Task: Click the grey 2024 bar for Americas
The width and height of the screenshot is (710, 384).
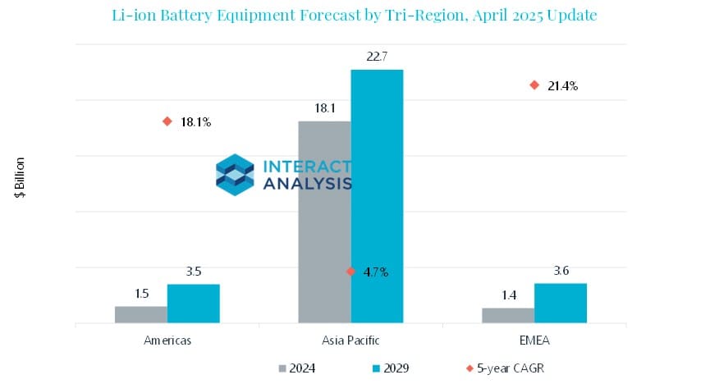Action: pyautogui.click(x=140, y=314)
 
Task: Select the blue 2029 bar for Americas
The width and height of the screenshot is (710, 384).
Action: pyautogui.click(x=193, y=304)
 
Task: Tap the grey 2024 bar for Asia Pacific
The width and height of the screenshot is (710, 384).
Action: pyautogui.click(x=324, y=222)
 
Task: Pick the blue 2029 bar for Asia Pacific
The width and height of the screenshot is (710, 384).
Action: pyautogui.click(x=377, y=197)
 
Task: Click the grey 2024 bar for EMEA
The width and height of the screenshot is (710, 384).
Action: pyautogui.click(x=507, y=315)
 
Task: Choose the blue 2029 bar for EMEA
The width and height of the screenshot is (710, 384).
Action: pyautogui.click(x=560, y=303)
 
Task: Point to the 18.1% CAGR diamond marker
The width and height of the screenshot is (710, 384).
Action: pyautogui.click(x=167, y=121)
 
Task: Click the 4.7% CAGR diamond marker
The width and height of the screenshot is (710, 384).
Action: pyautogui.click(x=350, y=272)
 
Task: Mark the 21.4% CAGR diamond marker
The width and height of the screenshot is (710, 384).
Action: pyautogui.click(x=534, y=85)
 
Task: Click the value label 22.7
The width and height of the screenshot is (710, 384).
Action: pyautogui.click(x=377, y=56)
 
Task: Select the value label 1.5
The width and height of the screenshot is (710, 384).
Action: pyautogui.click(x=140, y=293)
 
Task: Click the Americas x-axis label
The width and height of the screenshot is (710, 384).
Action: pyautogui.click(x=167, y=340)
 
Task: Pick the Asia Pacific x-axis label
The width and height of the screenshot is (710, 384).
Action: pyautogui.click(x=350, y=340)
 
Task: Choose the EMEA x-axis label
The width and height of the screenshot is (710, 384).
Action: pyautogui.click(x=534, y=340)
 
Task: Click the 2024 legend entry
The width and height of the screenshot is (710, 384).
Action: pyautogui.click(x=303, y=368)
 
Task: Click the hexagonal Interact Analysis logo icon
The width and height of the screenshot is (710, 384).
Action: pyautogui.click(x=235, y=174)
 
